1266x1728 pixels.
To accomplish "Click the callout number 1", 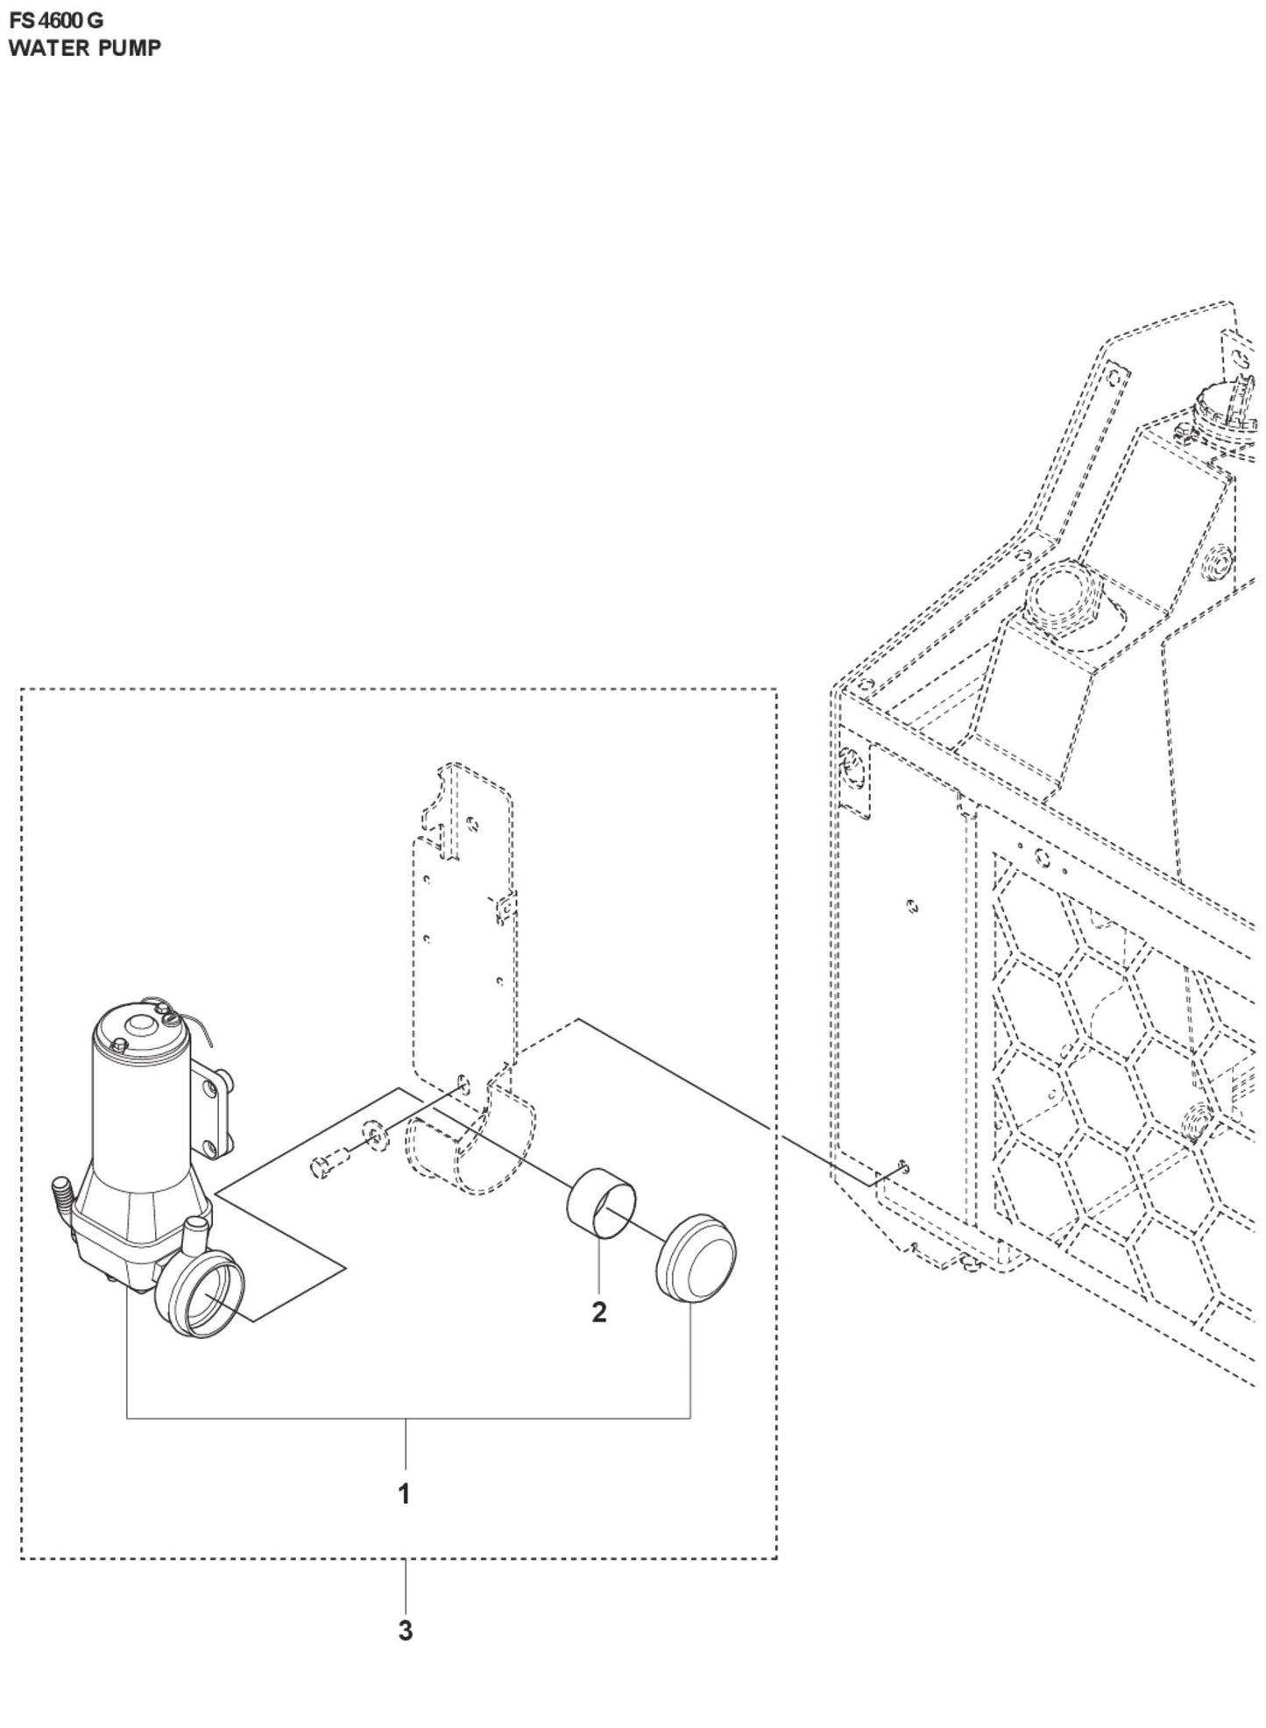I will click(404, 1494).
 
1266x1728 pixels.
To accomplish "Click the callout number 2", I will click(599, 1312).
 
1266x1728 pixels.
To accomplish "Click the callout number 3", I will click(405, 1631).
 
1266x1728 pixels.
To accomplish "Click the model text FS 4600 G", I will click(56, 19).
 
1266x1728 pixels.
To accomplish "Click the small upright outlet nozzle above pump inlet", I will click(198, 1236).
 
